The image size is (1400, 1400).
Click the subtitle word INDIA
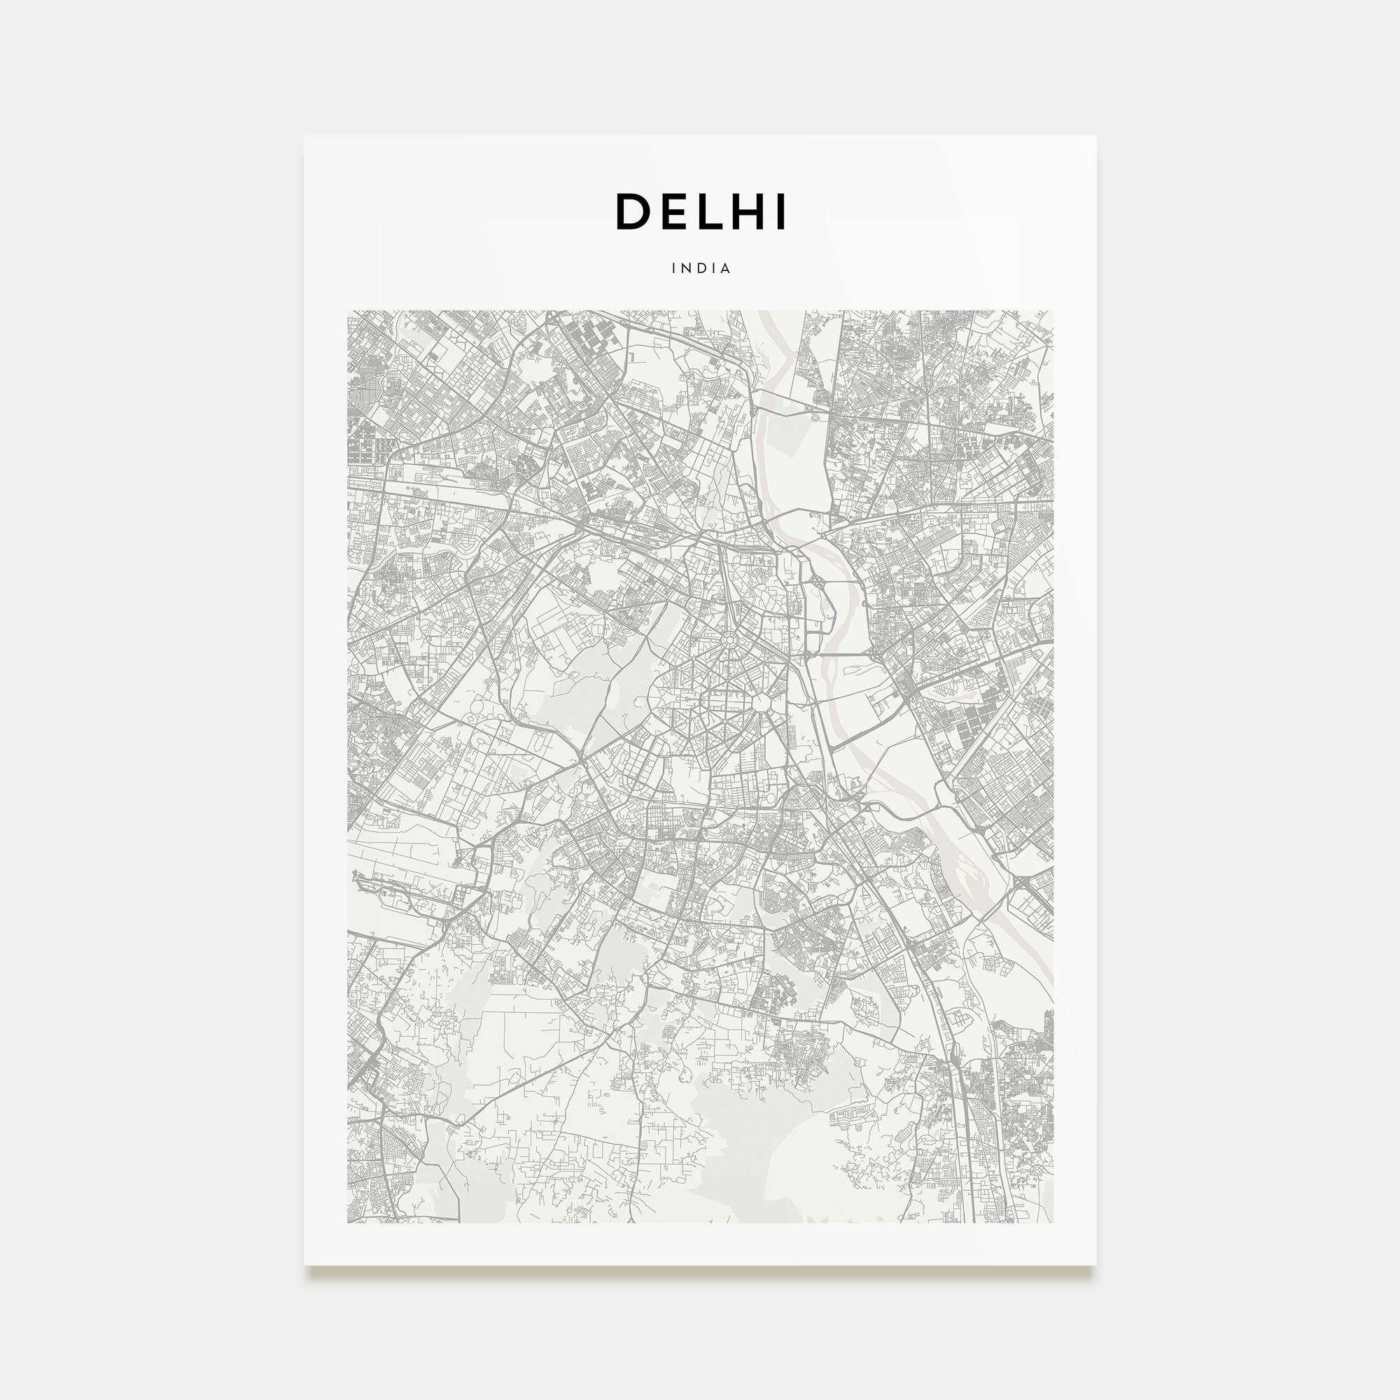tap(701, 268)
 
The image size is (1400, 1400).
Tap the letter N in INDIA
tap(684, 268)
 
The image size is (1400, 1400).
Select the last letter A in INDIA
tap(726, 268)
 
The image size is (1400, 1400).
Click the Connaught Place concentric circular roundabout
tap(729, 640)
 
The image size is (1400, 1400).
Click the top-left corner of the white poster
tap(304, 136)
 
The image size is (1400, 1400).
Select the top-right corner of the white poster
tap(1095, 136)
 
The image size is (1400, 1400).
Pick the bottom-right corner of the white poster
tap(1095, 1265)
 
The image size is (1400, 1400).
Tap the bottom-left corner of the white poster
tap(304, 1265)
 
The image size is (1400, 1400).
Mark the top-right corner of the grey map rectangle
tap(1053, 311)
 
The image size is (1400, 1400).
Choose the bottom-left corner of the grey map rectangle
tap(348, 1222)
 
